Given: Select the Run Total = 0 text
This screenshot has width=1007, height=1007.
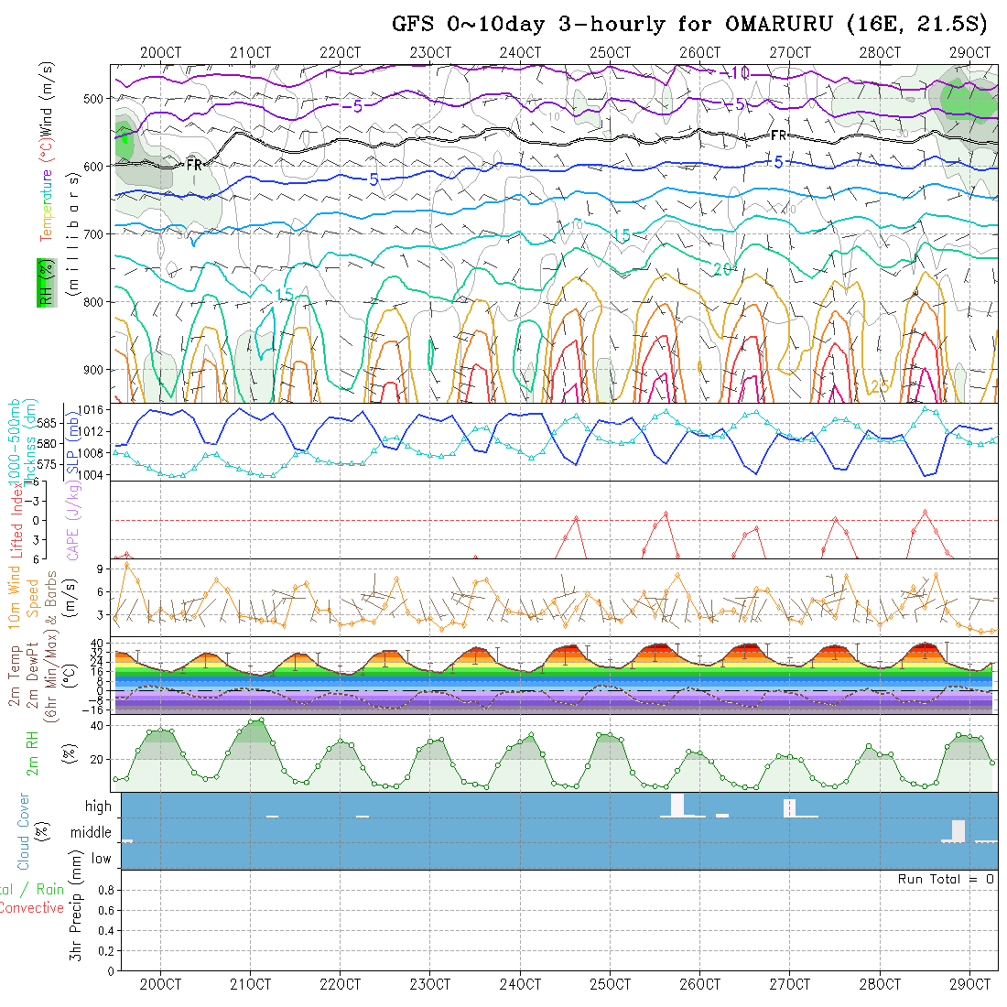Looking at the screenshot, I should (x=946, y=879).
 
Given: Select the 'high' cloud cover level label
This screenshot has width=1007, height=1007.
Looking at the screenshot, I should (x=98, y=807).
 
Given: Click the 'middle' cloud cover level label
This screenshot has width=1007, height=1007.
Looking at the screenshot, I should (x=91, y=833).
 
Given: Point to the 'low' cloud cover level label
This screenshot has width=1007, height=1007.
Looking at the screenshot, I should (x=101, y=859).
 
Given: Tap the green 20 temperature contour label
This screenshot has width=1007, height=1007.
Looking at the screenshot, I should (x=723, y=268).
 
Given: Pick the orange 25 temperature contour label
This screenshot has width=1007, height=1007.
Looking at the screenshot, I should (x=880, y=387).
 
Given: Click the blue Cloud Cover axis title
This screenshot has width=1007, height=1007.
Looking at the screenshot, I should (x=23, y=831).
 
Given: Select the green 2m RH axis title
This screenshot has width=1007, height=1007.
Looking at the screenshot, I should (x=32, y=753).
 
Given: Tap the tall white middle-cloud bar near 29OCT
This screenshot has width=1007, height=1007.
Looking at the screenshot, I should (x=958, y=830).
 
